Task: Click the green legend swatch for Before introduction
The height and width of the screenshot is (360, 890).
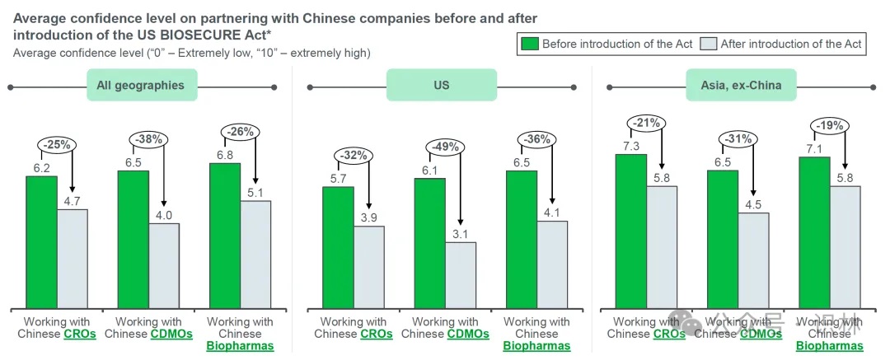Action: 529,44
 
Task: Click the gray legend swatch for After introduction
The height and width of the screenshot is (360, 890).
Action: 708,44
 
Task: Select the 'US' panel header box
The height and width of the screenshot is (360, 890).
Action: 442,85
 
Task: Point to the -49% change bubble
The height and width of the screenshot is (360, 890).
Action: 444,147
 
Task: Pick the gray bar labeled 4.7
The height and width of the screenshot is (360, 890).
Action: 73,259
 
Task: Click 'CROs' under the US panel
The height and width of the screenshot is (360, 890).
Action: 377,334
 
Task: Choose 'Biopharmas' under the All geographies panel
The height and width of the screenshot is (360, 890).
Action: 240,347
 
